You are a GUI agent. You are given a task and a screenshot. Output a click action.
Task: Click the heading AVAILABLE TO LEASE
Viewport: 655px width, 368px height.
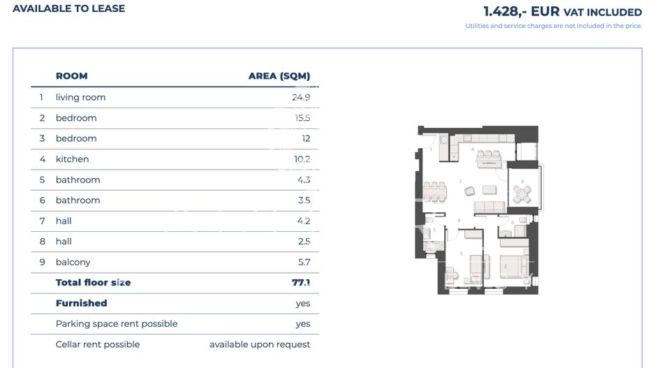[68, 8]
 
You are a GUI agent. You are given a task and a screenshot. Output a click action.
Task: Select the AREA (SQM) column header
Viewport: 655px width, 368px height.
[279, 76]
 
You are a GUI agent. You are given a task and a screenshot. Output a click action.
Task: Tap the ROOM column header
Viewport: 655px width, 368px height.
[71, 76]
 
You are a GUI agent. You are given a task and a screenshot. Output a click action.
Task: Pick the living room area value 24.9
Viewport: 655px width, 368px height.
[301, 97]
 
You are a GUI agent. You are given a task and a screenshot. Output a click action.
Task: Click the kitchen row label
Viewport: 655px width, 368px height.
[72, 159]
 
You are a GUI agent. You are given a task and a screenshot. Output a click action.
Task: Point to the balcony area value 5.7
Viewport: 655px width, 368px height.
[304, 262]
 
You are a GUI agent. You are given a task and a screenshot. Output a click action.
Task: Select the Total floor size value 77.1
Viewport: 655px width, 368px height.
[301, 283]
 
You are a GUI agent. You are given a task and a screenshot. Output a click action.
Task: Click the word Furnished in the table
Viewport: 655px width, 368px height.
[81, 303]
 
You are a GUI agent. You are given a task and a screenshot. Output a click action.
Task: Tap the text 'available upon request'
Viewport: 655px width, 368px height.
[260, 344]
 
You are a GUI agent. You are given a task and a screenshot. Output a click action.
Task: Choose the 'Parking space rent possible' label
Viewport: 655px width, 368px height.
[117, 324]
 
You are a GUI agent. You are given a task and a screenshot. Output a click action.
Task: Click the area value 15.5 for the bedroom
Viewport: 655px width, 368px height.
[302, 118]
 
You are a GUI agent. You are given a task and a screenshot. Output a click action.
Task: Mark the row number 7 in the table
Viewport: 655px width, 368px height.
[43, 221]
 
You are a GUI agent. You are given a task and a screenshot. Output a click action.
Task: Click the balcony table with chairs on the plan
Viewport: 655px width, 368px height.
[522, 193]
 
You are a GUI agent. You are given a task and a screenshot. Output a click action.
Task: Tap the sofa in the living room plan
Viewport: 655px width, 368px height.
[490, 207]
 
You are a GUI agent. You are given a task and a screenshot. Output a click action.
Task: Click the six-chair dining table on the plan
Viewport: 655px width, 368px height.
[436, 190]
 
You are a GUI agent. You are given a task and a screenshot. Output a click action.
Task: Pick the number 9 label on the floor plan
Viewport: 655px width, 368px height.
[522, 182]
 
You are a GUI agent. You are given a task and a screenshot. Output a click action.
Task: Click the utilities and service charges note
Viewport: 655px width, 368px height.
[553, 26]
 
